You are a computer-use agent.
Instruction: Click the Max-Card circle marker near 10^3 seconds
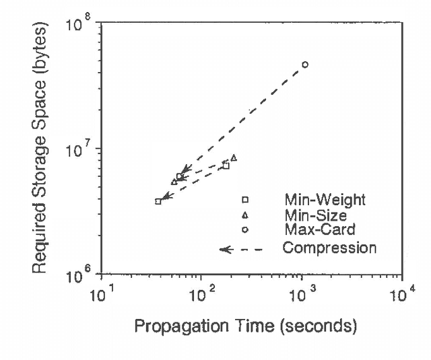point(305,65)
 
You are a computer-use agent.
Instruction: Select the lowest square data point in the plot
point(158,201)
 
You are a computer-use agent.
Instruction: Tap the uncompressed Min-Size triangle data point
point(234,158)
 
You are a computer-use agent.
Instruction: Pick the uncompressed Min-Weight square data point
point(226,166)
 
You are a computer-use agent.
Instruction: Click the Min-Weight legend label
point(324,200)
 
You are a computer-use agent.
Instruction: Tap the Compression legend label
point(329,248)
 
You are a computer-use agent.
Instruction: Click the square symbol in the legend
point(246,200)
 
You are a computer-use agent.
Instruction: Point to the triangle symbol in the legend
point(246,215)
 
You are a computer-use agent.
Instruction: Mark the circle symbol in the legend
point(246,230)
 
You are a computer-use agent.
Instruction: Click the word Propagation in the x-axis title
point(175,328)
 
